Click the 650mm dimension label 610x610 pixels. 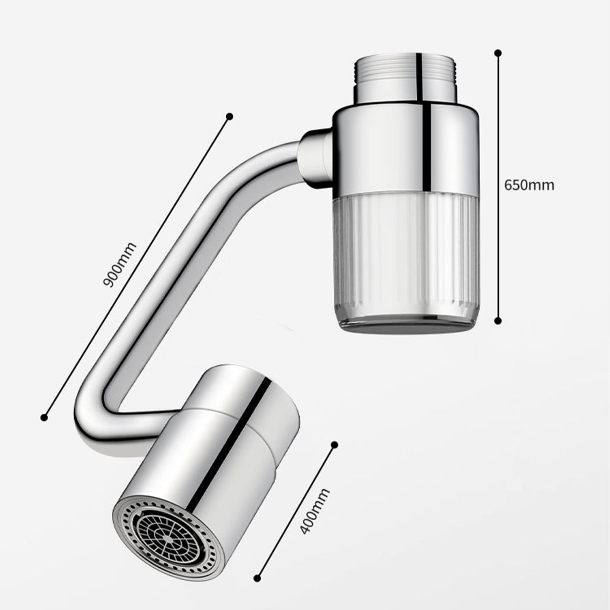(529, 185)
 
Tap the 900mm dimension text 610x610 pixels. (119, 265)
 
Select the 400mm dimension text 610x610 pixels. (315, 510)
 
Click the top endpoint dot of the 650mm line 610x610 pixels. (498, 53)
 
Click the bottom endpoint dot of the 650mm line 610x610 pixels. (498, 321)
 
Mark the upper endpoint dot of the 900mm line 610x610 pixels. (230, 116)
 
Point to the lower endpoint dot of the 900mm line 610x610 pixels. (44, 417)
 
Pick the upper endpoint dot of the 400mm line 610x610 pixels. (335, 445)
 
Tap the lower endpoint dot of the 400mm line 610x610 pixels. (257, 578)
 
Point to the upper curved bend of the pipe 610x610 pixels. (244, 168)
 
